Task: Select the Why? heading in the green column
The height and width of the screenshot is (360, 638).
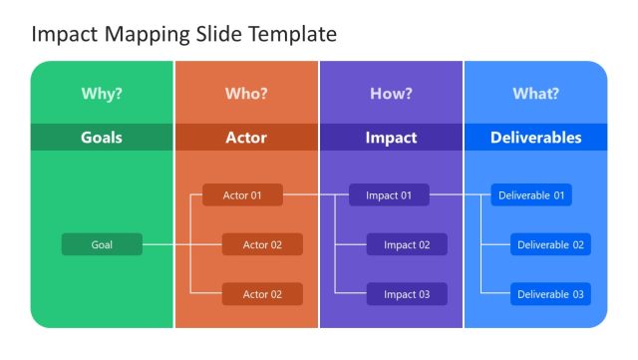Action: [x=102, y=94]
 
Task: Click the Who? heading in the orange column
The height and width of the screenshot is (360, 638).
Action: [x=246, y=94]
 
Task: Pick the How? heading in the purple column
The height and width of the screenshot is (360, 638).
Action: [x=391, y=94]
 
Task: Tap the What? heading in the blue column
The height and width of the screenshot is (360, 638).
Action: [x=535, y=94]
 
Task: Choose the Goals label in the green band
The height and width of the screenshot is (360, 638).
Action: [x=102, y=138]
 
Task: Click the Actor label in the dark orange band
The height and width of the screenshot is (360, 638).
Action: [x=246, y=138]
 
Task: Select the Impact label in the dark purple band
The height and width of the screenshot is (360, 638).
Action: [x=391, y=138]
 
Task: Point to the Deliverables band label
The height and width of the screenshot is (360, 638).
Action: [x=535, y=138]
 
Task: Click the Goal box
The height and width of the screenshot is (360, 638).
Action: [x=102, y=244]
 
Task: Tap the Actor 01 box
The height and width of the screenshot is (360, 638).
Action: [x=242, y=195]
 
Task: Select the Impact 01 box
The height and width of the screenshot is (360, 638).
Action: [x=389, y=195]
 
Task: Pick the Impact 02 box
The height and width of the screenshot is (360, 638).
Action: [x=407, y=244]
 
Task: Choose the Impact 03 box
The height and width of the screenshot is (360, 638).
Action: [x=407, y=294]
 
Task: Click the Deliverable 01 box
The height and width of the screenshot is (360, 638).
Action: [x=531, y=195]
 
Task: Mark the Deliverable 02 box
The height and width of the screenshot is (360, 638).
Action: [x=550, y=244]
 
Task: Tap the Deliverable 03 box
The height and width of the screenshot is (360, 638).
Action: [x=550, y=294]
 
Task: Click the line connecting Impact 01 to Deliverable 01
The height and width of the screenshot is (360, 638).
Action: [x=460, y=195]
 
